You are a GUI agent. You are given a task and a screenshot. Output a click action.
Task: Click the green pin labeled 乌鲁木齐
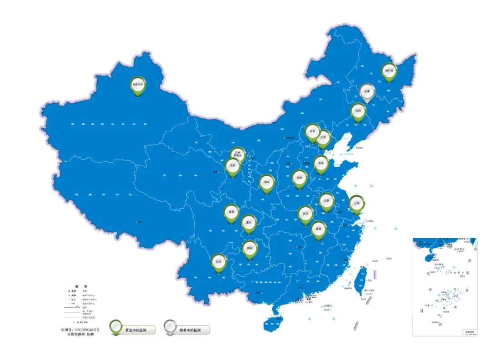coord(138,85)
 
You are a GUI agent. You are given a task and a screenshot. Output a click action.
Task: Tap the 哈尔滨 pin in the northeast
coord(389,71)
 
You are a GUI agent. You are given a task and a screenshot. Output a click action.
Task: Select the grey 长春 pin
coord(367,91)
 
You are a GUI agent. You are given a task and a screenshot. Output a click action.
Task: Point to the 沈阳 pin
coord(358,111)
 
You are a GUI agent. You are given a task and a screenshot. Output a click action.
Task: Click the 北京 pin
coord(312,131)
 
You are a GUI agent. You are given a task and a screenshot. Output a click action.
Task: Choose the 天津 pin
coord(323,137)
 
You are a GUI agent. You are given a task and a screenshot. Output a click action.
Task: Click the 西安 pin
coord(267,182)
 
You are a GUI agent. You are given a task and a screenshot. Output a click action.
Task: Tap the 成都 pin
coord(232,212)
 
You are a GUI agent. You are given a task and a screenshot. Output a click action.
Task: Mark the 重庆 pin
coord(248,223)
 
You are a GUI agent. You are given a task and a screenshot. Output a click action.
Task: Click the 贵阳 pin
coord(250,249)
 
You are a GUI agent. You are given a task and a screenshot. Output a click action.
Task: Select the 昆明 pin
coord(219,262)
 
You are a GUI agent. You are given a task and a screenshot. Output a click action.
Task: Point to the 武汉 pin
coord(306,214)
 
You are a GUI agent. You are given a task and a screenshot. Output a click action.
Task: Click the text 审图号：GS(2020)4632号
coord(80,329)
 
